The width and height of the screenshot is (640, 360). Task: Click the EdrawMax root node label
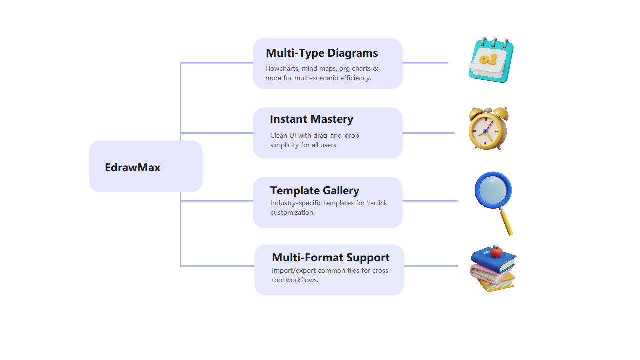132,167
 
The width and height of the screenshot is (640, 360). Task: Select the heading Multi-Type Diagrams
321,53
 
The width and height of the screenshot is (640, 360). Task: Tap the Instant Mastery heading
311,119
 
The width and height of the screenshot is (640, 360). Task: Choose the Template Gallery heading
314,190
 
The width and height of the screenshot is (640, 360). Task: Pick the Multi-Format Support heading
330,257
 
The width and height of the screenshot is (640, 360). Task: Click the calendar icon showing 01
490,60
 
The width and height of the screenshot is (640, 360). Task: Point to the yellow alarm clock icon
488,129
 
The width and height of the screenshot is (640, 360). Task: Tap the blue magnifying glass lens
493,190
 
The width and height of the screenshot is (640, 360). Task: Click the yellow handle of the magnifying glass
507,222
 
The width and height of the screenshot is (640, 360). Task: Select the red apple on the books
496,251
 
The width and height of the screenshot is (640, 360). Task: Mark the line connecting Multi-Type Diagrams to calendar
425,63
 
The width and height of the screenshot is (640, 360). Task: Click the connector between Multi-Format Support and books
431,266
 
